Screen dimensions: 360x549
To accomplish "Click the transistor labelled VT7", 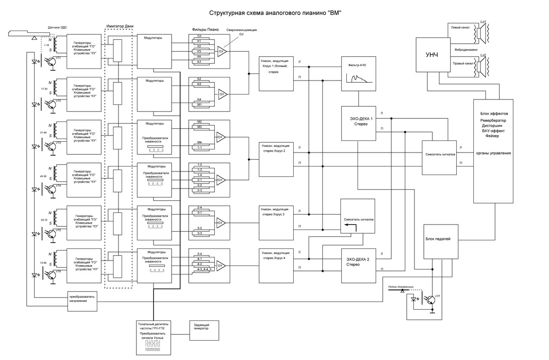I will coord(431,299).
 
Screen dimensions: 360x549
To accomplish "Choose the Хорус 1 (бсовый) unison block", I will coord(276,73).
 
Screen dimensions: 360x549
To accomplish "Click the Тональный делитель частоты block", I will coord(154,337).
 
